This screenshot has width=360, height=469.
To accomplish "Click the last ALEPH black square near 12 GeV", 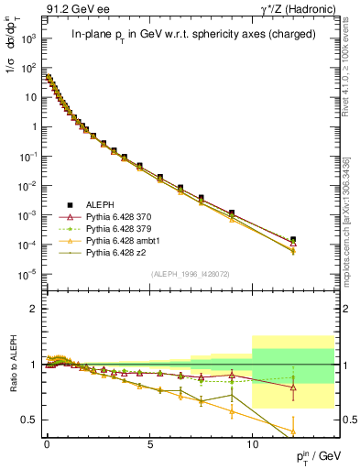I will coord(292,239).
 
